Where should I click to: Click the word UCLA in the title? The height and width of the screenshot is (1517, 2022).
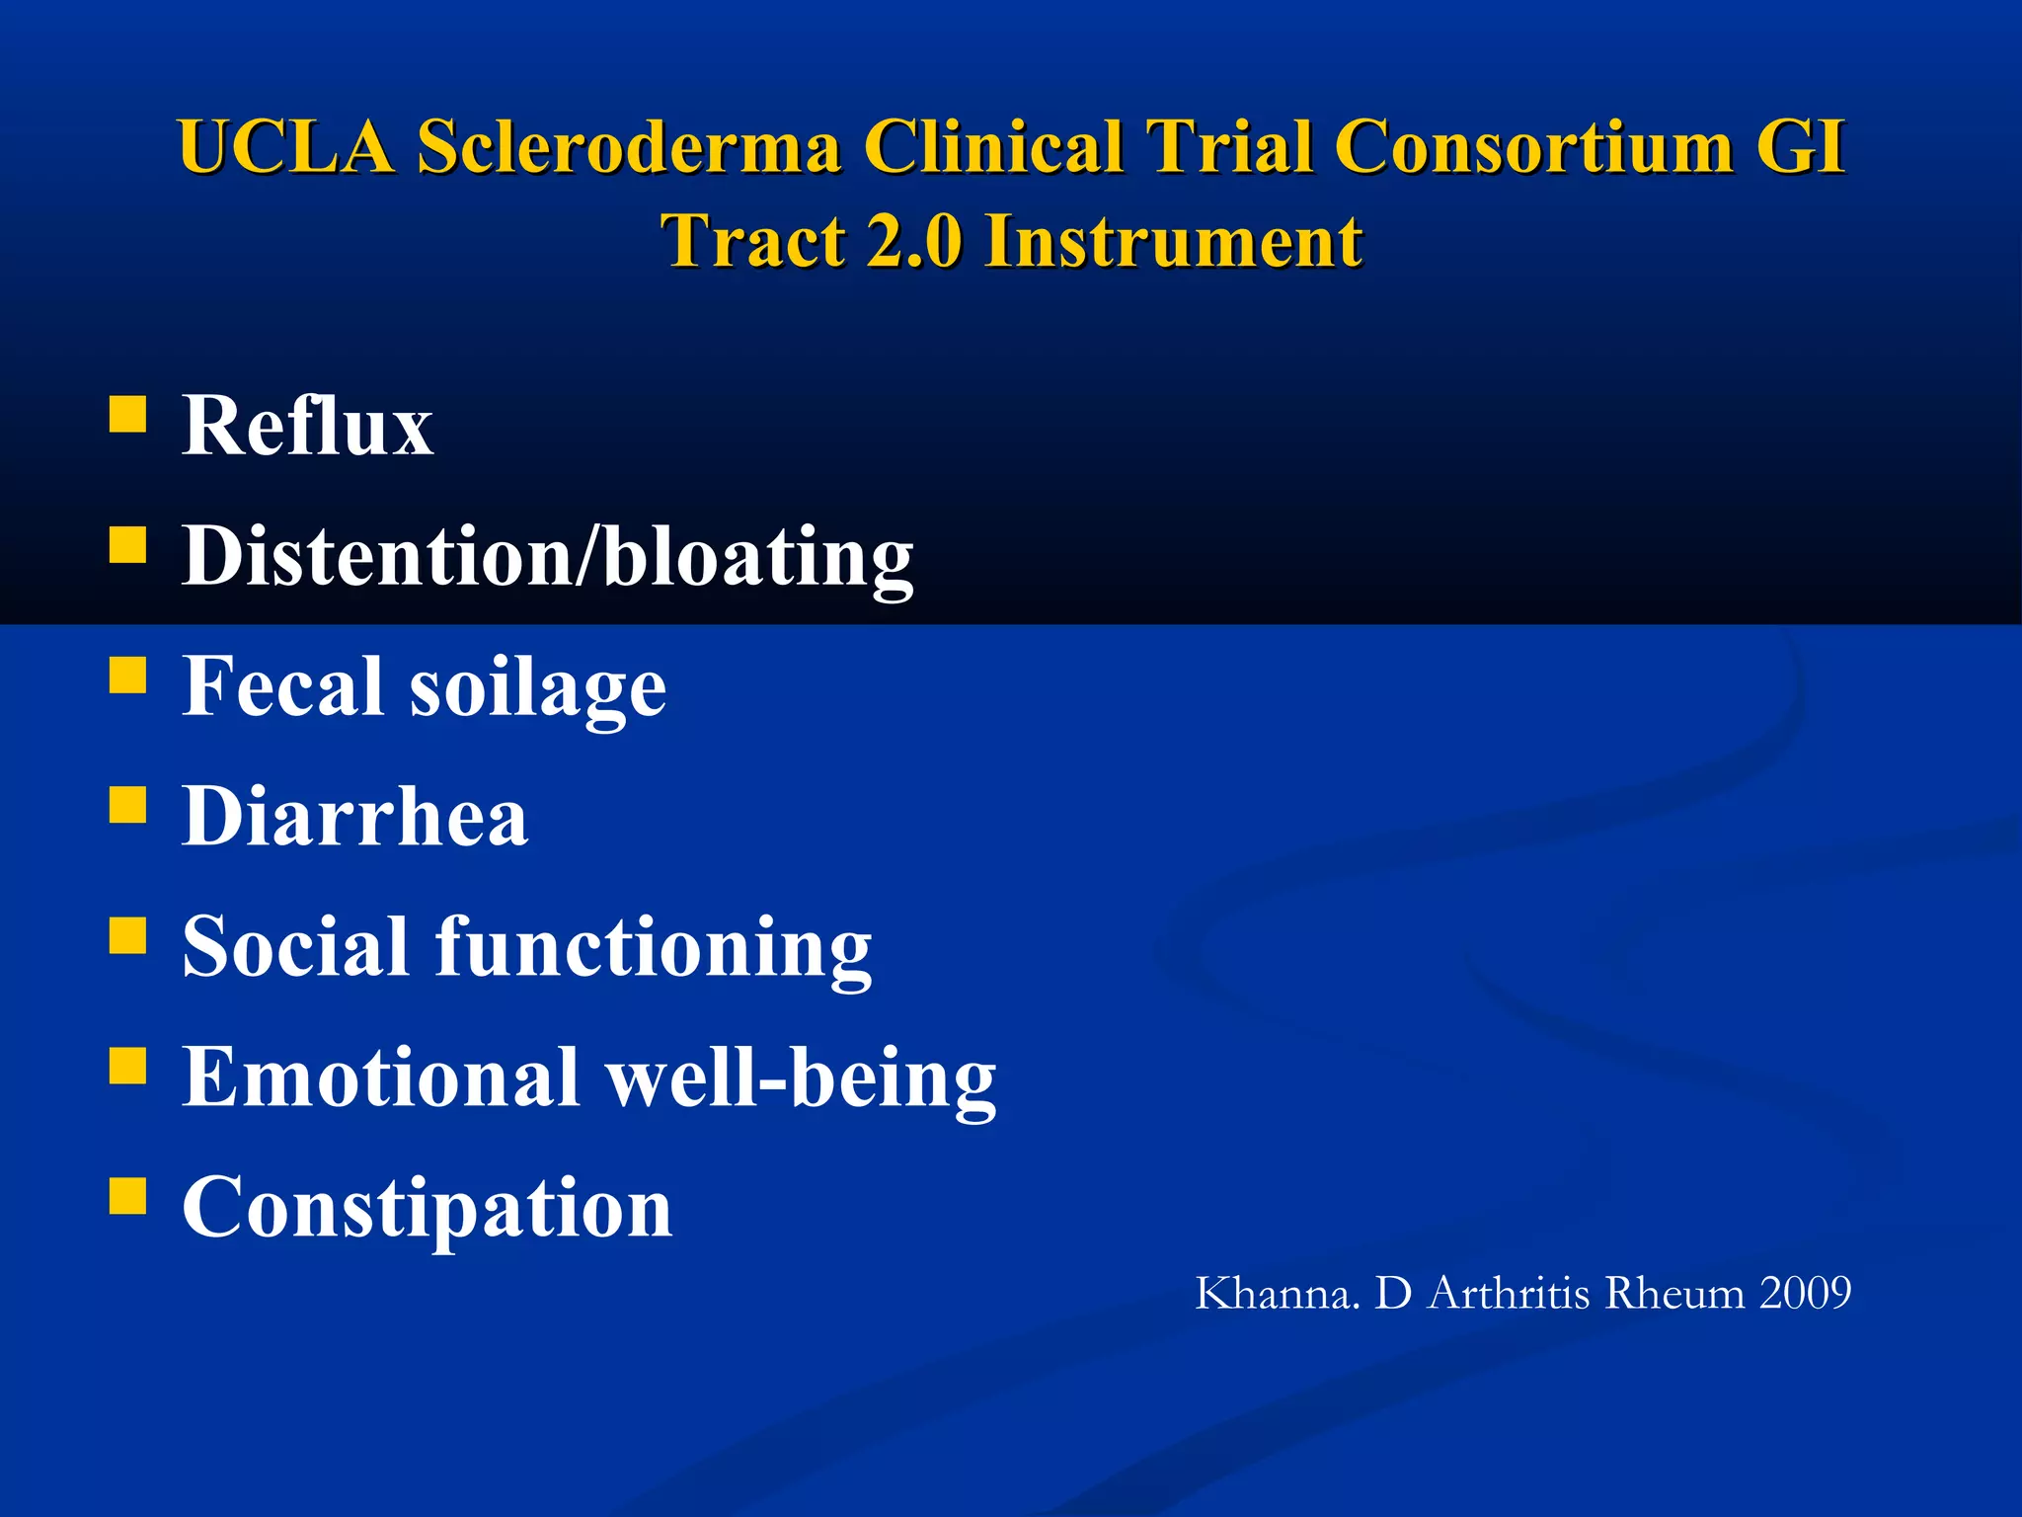coord(285,147)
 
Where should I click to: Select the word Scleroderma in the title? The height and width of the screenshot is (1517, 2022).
coord(629,147)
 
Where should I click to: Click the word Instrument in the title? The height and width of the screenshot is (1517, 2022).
coord(1174,242)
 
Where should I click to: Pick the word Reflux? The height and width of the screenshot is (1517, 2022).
coord(307,426)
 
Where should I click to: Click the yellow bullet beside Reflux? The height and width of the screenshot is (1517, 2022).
coord(127,415)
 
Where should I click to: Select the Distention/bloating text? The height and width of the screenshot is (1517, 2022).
coord(548,557)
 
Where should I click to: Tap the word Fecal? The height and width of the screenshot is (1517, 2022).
coord(282,686)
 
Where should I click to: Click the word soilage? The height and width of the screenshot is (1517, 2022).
coord(538,688)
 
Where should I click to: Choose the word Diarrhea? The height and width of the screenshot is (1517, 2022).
coord(355,817)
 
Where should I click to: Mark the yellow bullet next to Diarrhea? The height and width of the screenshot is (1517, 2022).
coord(127,805)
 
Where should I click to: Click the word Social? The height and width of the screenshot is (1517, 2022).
coord(295,946)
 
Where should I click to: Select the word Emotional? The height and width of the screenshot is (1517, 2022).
coord(381,1077)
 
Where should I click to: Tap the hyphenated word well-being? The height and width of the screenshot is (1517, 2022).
coord(801,1078)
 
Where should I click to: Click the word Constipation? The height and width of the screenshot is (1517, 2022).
coord(428,1208)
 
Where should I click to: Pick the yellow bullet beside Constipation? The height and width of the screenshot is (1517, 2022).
coord(127,1195)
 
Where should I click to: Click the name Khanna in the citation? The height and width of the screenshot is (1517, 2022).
coord(1277,1293)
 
